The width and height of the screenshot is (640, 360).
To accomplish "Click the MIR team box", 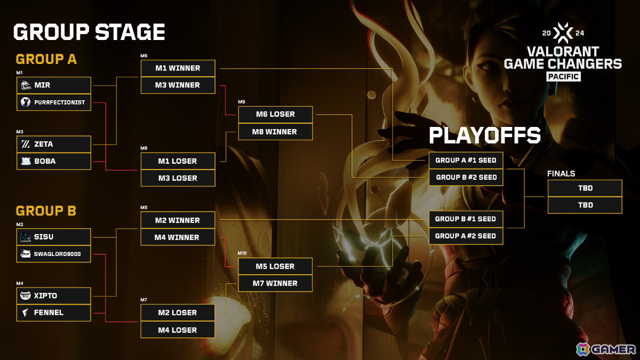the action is coord(54,85).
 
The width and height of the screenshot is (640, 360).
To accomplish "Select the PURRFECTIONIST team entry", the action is coord(54,102).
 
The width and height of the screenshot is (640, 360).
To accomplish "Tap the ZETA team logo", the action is coord(26,144).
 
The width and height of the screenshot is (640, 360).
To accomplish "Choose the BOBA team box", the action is coord(54,162).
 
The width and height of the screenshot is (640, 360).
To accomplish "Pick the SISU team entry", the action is coord(54,237).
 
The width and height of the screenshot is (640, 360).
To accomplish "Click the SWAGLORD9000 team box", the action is coord(54,254).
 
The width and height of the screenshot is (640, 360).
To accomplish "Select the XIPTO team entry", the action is coord(54,295).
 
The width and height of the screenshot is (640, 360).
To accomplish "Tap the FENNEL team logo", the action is coord(26,313).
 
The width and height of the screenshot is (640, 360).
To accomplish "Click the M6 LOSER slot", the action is coord(275,114).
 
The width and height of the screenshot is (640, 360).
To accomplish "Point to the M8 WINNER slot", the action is coord(275,132).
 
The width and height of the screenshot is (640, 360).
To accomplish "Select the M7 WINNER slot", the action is coord(275,283).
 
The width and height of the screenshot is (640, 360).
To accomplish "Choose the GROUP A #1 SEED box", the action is coord(466,161).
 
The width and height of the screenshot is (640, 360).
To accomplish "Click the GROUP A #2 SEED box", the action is coord(466,236).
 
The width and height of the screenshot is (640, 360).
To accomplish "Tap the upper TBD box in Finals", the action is coord(585,188).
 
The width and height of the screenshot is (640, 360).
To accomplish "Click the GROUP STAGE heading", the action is coord(89,31).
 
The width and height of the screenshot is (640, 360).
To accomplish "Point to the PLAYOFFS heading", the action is coord(485,135).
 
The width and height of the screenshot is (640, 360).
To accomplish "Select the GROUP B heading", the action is coord(46,211).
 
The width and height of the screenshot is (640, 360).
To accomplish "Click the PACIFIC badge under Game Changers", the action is coord(563,77).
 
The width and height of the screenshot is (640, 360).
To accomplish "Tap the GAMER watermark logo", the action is coord(606,349).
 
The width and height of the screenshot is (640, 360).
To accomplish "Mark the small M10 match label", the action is coord(242,253).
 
